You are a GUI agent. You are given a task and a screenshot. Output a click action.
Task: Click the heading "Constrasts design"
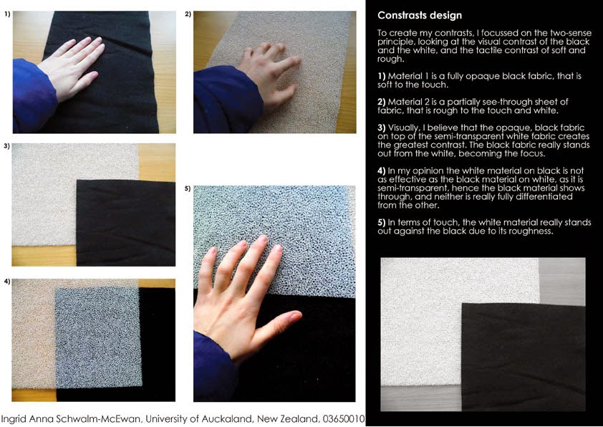click(x=420, y=15)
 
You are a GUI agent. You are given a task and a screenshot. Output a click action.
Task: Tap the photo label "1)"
click(x=7, y=14)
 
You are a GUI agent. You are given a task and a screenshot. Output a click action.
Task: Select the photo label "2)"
click(x=188, y=14)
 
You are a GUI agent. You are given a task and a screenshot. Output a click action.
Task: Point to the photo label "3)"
click(x=6, y=146)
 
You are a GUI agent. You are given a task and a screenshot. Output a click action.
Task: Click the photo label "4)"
click(x=7, y=282)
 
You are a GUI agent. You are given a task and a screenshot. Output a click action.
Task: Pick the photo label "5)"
click(x=188, y=188)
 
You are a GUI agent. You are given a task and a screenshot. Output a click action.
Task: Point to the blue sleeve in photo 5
click(x=213, y=368)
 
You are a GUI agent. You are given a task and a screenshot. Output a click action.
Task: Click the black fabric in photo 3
click(x=126, y=223)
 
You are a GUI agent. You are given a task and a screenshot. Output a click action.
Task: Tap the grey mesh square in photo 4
click(x=98, y=337)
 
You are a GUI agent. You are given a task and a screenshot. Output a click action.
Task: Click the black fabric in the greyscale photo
click(x=524, y=357)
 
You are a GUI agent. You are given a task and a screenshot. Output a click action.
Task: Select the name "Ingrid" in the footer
click(x=13, y=419)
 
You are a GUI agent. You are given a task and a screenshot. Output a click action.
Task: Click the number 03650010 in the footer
click(x=344, y=418)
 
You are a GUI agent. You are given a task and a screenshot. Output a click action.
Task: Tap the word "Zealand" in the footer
click(x=301, y=418)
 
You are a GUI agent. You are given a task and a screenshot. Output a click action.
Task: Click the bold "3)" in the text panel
click(x=382, y=128)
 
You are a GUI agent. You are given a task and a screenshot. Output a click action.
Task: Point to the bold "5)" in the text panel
click(x=382, y=222)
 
